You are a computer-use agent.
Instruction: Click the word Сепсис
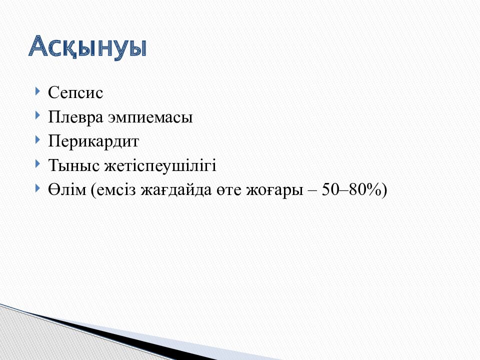click(75, 93)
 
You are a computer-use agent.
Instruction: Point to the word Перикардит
click(93, 141)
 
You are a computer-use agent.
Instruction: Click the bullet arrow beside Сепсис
click(38, 92)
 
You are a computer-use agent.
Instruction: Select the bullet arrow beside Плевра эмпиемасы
click(38, 116)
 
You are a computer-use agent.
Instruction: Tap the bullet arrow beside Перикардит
click(38, 140)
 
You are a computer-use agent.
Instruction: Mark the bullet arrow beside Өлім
click(38, 188)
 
